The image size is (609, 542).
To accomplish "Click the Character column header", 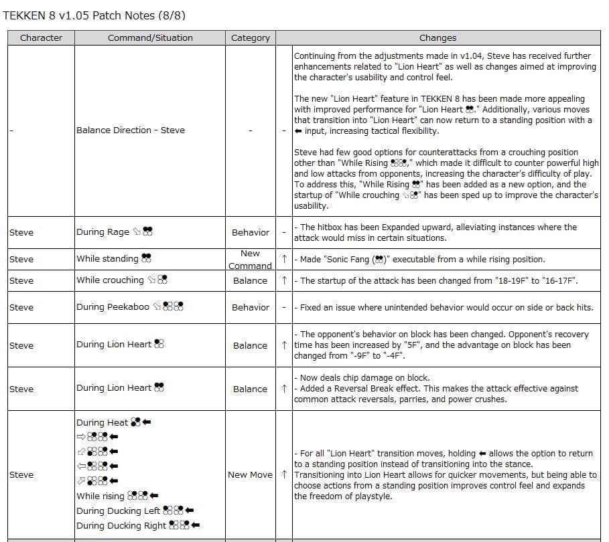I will click(41, 38).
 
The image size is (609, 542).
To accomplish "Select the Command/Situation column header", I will click(150, 38).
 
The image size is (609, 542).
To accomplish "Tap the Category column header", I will click(250, 38).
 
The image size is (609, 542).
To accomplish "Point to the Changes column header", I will click(437, 38).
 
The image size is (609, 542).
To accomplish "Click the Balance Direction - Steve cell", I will click(131, 130).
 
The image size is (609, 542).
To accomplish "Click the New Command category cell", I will click(250, 259).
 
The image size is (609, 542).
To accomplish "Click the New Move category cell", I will click(250, 474).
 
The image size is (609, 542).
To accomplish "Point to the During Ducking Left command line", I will click(135, 511).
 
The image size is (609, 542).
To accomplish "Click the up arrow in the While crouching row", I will click(285, 280).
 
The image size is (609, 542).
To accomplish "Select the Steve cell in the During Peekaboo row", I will click(21, 307).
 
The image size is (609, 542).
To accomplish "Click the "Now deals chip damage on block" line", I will click(364, 378).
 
